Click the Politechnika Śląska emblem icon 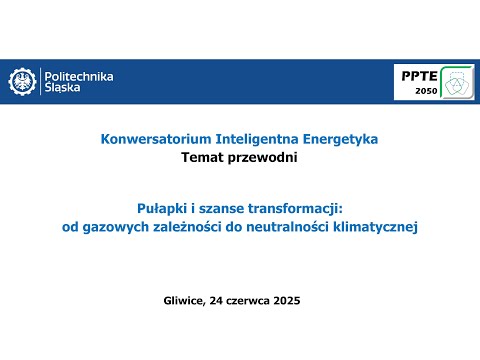(23, 82)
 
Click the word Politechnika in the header (78, 76)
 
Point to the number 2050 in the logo (426, 92)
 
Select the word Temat (203, 157)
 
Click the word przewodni (263, 157)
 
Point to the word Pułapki (159, 209)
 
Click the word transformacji (293, 209)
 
